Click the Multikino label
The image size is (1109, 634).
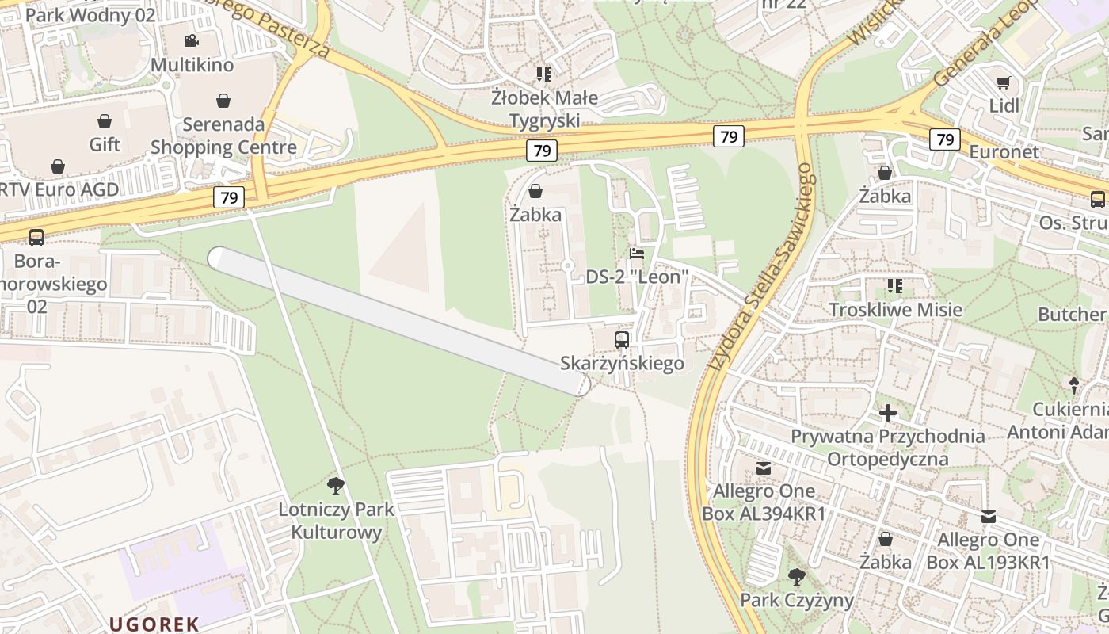[x=192, y=65]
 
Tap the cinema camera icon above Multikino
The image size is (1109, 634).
[x=191, y=40]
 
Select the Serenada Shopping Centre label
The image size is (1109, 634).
[x=223, y=136]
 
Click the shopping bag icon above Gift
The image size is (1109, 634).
[x=105, y=121]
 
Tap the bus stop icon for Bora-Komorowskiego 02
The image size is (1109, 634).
[x=36, y=237]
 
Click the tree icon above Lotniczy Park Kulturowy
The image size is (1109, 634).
[x=336, y=485]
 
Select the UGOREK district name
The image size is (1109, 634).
[x=154, y=624]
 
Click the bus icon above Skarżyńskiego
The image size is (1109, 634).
[x=622, y=340]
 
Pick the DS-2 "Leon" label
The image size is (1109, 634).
[x=637, y=277]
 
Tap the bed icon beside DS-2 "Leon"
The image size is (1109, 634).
[x=637, y=254]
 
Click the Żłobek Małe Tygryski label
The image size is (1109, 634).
[x=543, y=109]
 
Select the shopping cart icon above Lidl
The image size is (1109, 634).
[x=1004, y=82]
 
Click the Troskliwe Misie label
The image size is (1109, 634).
[x=895, y=309]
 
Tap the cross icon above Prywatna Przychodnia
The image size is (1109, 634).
[x=888, y=413]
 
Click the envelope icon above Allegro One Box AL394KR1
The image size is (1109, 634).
[x=764, y=468]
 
